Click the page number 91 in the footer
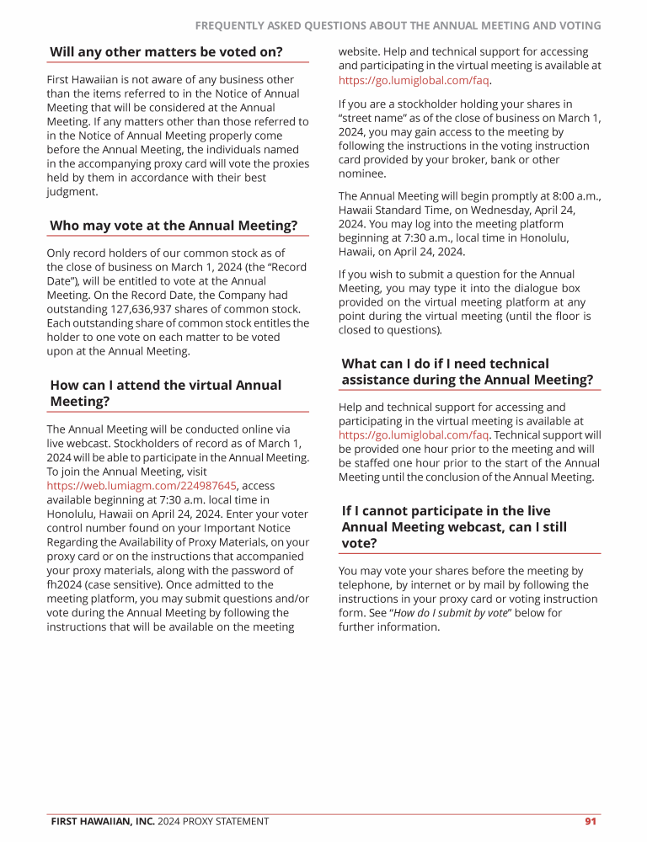591,821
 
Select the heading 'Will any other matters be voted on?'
166,52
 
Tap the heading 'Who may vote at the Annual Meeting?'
174,226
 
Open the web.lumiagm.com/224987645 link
142,486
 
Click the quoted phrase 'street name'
371,118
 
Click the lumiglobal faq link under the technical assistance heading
414,435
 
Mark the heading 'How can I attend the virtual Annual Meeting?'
165,393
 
